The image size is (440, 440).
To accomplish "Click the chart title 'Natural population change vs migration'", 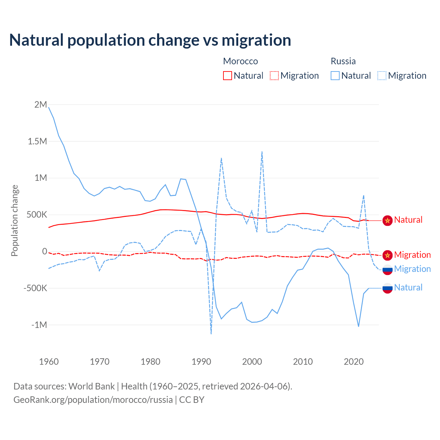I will point(150,40).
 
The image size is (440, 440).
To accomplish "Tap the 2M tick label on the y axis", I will point(41,104).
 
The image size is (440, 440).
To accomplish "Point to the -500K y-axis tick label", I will point(35,288).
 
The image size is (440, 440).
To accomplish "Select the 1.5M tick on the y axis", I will point(37,141).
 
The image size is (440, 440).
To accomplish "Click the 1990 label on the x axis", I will point(201,362).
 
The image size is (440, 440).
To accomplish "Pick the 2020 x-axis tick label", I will point(354,362).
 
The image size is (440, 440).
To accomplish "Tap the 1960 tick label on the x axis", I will point(49,362).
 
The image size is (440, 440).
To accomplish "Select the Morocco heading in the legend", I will point(240,61).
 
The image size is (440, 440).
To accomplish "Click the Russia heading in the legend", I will point(343,61).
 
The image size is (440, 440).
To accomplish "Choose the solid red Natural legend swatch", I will point(228,76).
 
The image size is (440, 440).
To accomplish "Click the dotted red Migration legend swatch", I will point(274,76).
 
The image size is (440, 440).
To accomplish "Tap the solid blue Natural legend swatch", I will point(335,76).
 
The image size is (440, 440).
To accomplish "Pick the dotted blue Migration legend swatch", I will point(382,76).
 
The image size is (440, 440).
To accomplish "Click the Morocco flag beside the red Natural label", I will point(387,220).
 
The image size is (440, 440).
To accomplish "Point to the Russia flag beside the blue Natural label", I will point(387,288).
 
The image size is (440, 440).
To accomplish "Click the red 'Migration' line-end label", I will point(412,255).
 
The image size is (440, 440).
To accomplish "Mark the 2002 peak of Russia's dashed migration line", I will point(262,152).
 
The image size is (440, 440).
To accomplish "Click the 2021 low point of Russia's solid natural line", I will point(359,326).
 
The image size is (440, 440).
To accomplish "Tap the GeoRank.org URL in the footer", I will point(93,400).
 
